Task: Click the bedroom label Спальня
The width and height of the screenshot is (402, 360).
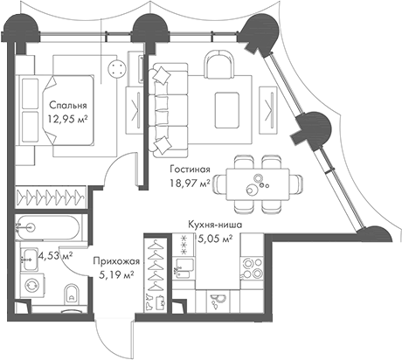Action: pos(68,105)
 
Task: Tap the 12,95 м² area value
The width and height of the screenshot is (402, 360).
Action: pos(68,119)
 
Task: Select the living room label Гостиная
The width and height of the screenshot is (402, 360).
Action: pos(191,170)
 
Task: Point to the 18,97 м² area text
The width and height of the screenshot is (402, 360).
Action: pos(191,183)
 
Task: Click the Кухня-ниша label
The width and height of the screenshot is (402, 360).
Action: pos(215,225)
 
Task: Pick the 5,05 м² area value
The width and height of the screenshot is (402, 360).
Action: pos(215,239)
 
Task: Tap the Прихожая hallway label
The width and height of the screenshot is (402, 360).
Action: pos(116,261)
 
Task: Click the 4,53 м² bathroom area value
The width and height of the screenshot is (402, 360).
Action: pos(55,256)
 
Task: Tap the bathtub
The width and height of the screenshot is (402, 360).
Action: pos(46,227)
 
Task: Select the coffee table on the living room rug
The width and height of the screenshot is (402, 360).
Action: pos(227,110)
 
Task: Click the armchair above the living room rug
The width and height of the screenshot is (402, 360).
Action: pos(218,64)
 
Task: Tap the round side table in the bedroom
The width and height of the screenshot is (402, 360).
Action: pos(117,69)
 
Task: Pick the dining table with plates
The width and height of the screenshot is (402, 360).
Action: pos(258,184)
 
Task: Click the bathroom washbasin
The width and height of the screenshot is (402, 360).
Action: pos(30,259)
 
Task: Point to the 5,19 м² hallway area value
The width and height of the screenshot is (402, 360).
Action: pos(116,274)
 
